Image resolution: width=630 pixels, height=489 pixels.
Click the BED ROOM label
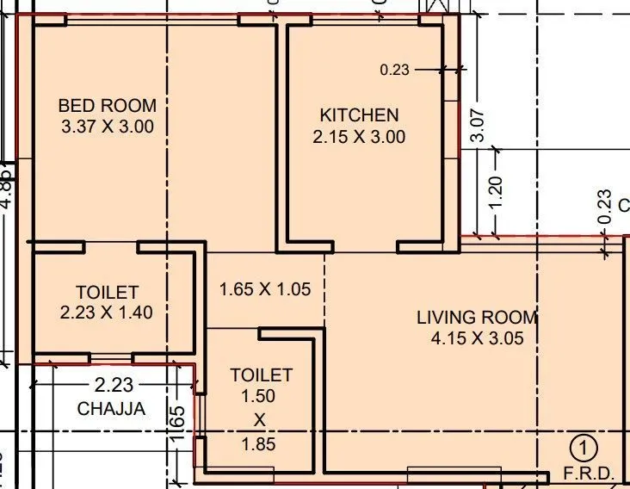(108, 106)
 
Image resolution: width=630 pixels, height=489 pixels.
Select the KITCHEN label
(359, 115)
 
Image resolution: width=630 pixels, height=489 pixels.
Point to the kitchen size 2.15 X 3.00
(359, 136)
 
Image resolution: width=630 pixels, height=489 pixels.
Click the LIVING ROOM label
(477, 317)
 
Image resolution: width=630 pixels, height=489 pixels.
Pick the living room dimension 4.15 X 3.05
(477, 338)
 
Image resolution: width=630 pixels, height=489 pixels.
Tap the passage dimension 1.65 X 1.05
(264, 289)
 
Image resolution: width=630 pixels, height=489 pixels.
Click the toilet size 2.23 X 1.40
(107, 313)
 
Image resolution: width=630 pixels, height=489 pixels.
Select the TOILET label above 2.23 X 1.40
(107, 292)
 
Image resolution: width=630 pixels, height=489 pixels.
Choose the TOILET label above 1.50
(261, 375)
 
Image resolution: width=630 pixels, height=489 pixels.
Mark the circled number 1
(584, 448)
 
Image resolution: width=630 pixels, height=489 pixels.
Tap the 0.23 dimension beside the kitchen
(394, 71)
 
